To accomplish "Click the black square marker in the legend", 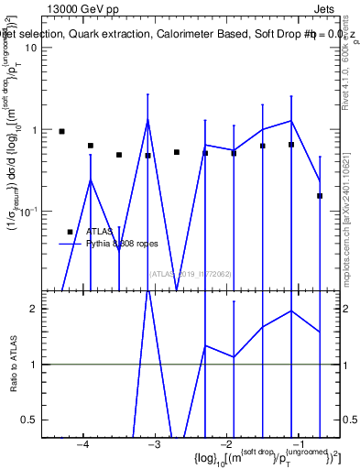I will click(x=70, y=232).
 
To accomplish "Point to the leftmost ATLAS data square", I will click(x=61, y=132).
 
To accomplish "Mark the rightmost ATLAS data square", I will click(x=320, y=195).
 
